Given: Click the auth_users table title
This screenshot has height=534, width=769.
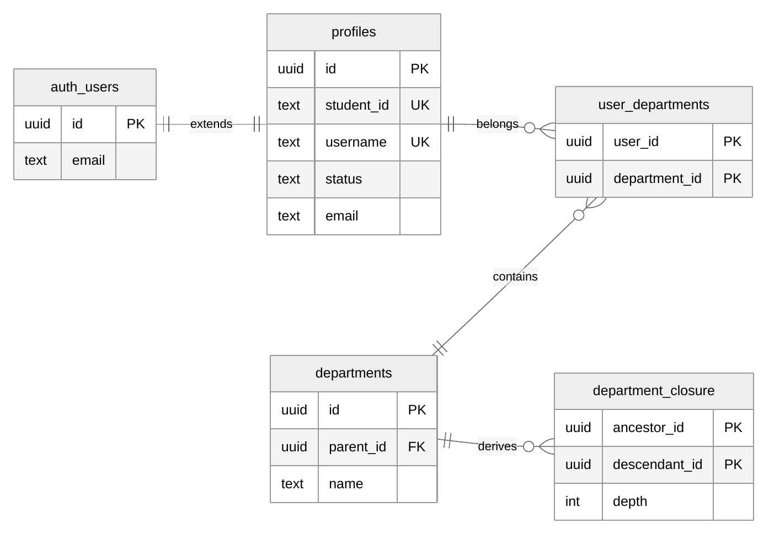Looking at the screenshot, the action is tap(85, 87).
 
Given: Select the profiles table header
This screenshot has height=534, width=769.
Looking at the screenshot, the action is tap(354, 32).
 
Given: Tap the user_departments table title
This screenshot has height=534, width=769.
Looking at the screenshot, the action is tap(654, 105).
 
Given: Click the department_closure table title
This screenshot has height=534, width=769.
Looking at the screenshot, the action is tap(654, 391).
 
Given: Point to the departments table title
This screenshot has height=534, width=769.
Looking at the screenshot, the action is tap(354, 373).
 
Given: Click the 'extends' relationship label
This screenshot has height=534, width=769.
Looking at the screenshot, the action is tap(211, 124).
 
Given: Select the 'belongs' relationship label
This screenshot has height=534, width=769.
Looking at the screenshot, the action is tap(498, 124).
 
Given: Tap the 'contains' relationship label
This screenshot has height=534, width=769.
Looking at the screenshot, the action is tap(515, 277).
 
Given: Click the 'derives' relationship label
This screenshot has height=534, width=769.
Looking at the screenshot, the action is tap(498, 446).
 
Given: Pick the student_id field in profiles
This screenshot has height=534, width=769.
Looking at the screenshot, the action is tap(357, 105).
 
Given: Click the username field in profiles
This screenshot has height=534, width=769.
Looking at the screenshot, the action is tap(356, 142).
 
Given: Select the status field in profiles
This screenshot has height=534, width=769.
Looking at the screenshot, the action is tap(344, 179).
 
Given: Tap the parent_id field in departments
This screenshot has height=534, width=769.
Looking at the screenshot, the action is tap(357, 447).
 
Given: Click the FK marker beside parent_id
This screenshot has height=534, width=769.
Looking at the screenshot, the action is tap(416, 446).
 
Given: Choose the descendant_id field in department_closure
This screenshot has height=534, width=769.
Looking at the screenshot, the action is tap(658, 465).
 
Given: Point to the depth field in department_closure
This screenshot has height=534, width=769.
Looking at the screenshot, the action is tap(630, 501).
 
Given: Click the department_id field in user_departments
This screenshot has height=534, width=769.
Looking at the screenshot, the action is tap(658, 179).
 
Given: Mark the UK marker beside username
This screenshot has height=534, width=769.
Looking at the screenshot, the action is tap(420, 142).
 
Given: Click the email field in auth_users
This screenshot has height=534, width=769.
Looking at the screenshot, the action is tap(89, 160).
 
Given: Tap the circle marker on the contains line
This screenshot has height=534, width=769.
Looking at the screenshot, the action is tap(579, 215).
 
